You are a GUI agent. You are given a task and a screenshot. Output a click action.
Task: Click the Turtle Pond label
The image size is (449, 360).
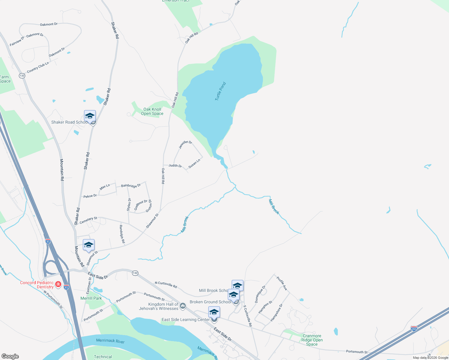tap(220, 91)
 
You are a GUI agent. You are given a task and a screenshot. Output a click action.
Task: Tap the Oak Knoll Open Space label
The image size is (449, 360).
tap(152, 111)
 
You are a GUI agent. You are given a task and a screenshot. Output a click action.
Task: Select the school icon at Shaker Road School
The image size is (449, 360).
tap(90, 116)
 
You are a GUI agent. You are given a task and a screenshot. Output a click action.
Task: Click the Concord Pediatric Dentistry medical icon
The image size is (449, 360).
tap(58, 284)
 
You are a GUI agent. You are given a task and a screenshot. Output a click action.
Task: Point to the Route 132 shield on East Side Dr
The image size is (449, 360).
tap(135, 273)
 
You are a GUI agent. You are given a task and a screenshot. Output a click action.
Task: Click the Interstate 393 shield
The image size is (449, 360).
tap(414, 328)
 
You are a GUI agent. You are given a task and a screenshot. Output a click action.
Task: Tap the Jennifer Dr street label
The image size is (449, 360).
tap(185, 144)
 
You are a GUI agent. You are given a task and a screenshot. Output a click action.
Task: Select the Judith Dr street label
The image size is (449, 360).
tap(175, 166)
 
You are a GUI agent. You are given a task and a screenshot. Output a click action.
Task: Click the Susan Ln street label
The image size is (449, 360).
tap(194, 163)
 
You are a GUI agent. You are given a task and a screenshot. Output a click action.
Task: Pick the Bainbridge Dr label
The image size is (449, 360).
tap(131, 186)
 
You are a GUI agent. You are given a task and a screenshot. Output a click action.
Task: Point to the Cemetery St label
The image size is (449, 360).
tap(88, 220)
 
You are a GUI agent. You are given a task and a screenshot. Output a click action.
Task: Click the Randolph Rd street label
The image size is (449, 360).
tap(122, 234)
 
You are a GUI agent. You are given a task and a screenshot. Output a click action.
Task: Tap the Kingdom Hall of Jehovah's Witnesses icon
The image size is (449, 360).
tap(183, 306)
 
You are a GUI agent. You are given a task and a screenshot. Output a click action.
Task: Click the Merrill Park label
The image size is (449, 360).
tap(91, 298)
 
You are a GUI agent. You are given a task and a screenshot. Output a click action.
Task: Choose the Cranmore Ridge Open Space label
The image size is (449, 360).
tap(312, 340)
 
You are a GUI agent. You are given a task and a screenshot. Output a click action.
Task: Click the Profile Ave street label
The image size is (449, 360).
tap(282, 283)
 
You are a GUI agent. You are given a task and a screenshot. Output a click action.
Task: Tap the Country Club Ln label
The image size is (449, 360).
tap(38, 67)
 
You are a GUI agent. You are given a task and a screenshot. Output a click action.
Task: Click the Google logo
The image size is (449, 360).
tap(10, 356)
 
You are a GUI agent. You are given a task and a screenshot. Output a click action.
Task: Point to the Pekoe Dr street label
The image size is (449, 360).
tap(90, 196)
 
